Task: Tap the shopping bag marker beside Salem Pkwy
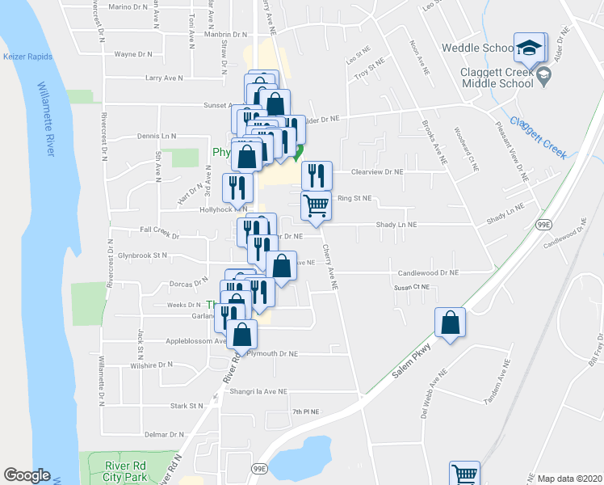pos(451,323)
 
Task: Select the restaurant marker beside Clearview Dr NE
pos(317,175)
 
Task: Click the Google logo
pos(27,475)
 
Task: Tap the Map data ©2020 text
pos(568,479)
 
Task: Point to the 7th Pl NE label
pos(306,412)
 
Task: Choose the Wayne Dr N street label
pos(134,54)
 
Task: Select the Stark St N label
pos(185,406)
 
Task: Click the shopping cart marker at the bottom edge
pos(465,474)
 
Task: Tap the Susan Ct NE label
pos(411,287)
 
